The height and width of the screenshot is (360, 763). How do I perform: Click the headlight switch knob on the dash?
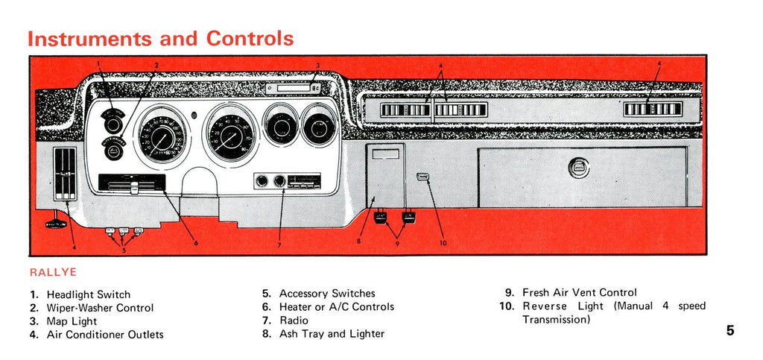[113, 124]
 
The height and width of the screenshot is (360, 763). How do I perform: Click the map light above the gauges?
[292, 89]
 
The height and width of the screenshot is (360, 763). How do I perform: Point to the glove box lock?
[579, 167]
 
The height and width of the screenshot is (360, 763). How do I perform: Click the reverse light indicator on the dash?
[422, 177]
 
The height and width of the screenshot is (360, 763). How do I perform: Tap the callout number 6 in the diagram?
[196, 242]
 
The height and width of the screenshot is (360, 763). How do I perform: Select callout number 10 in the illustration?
[443, 243]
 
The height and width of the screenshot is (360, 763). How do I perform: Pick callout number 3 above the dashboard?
[317, 66]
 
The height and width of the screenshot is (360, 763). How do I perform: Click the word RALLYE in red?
[53, 273]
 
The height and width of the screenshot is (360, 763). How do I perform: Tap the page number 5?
[730, 330]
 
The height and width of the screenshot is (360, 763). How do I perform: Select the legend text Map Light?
[72, 321]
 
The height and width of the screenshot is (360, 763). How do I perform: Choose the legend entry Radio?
[294, 320]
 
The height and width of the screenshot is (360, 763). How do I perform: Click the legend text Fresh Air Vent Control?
[580, 293]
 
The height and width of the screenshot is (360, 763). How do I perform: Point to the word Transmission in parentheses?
[556, 320]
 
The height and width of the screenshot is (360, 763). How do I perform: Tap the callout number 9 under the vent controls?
[396, 244]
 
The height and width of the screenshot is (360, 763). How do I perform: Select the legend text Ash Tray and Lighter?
[332, 334]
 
